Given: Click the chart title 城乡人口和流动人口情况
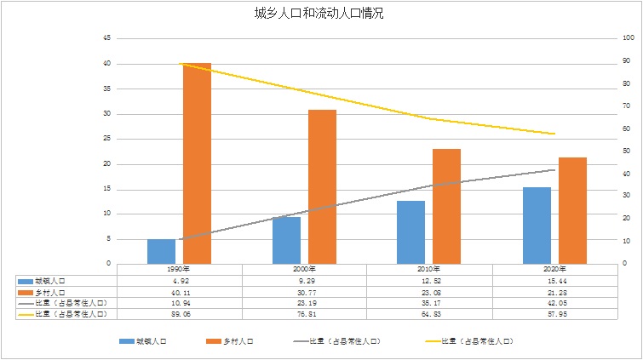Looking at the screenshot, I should [321, 14].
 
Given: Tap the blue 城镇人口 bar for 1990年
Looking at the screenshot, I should [161, 251].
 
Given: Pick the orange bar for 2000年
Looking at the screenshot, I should [322, 186].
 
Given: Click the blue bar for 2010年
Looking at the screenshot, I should [410, 232].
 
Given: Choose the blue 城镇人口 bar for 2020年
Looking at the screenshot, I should [537, 225].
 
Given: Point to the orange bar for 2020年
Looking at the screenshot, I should [572, 210].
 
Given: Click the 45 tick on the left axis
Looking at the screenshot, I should [106, 38].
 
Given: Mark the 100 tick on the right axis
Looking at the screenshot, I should [629, 38].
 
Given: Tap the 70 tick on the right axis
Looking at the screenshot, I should [627, 106].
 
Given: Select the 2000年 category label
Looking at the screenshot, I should [304, 269].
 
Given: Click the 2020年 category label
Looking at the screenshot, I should [554, 269].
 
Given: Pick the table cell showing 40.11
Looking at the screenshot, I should [179, 291].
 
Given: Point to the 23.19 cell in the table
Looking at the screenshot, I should [304, 302].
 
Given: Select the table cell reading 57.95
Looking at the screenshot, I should [554, 314].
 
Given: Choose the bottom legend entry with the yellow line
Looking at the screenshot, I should [478, 341].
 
